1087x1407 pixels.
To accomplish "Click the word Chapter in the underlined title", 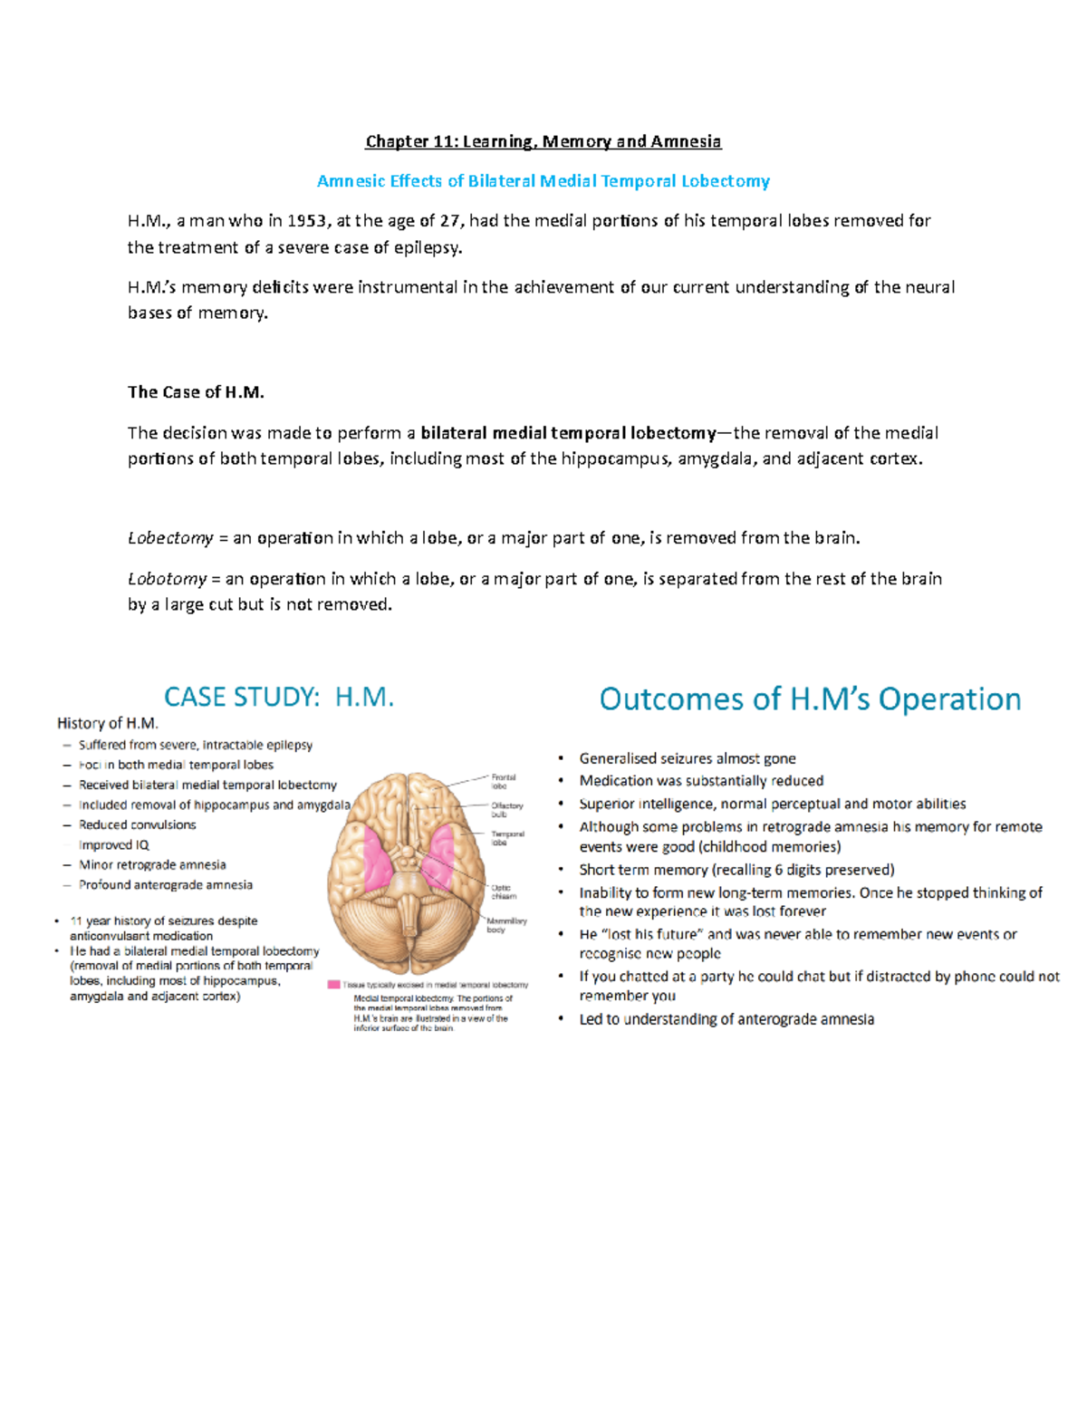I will pyautogui.click(x=397, y=141).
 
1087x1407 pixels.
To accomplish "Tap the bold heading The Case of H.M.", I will pyautogui.click(x=196, y=392).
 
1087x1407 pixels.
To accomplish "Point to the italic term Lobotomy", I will pyautogui.click(x=167, y=579).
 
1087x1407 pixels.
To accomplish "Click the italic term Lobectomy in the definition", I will pyautogui.click(x=170, y=538).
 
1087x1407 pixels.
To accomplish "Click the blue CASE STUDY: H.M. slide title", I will pyautogui.click(x=279, y=697).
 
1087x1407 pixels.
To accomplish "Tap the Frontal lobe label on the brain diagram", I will pyautogui.click(x=504, y=781).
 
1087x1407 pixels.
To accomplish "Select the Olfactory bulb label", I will pyautogui.click(x=507, y=809).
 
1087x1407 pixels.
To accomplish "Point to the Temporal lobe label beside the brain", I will pyautogui.click(x=507, y=838).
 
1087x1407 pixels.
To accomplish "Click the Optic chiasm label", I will pyautogui.click(x=504, y=891).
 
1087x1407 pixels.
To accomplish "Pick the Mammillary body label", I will pyautogui.click(x=506, y=925).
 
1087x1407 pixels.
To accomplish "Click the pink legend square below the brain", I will pyautogui.click(x=333, y=984).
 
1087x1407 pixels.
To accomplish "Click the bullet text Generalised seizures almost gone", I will pyautogui.click(x=688, y=758).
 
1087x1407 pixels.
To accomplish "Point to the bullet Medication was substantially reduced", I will pyautogui.click(x=701, y=781).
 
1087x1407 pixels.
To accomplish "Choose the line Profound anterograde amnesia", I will pyautogui.click(x=166, y=885).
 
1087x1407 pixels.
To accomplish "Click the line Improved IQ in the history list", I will pyautogui.click(x=114, y=845).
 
